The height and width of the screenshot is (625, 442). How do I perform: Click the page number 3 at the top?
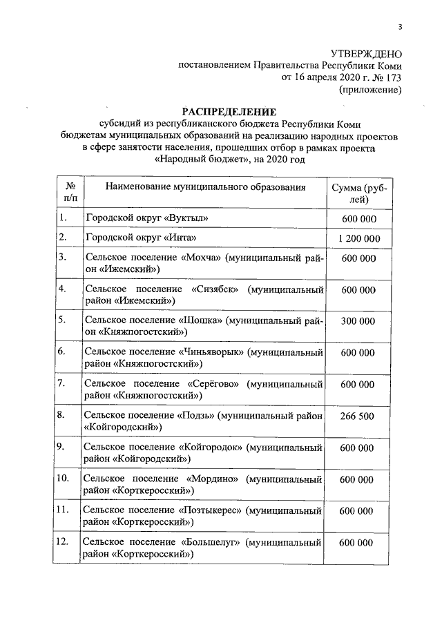pos(399,27)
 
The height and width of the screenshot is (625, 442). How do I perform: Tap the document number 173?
pos(391,77)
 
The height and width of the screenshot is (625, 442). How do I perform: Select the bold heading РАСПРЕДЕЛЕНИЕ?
pos(228,112)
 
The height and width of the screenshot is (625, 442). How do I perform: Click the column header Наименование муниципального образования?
pos(204,187)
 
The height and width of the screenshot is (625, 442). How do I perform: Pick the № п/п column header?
pos(70,193)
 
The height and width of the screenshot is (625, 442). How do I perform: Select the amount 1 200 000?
pos(358,238)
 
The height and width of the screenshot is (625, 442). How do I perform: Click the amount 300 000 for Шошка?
pos(358,321)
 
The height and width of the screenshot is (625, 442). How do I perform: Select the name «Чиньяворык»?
pos(213,352)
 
